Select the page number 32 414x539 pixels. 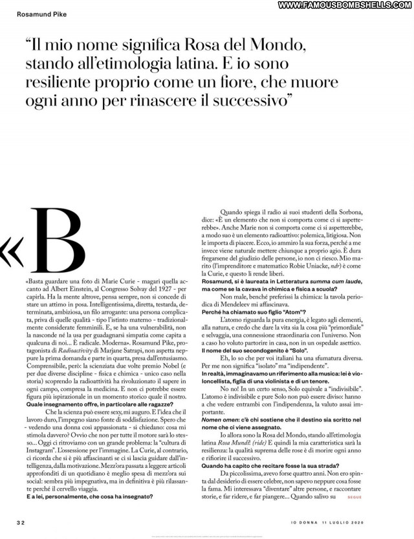coord(21,522)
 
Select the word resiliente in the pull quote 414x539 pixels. coord(62,83)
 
